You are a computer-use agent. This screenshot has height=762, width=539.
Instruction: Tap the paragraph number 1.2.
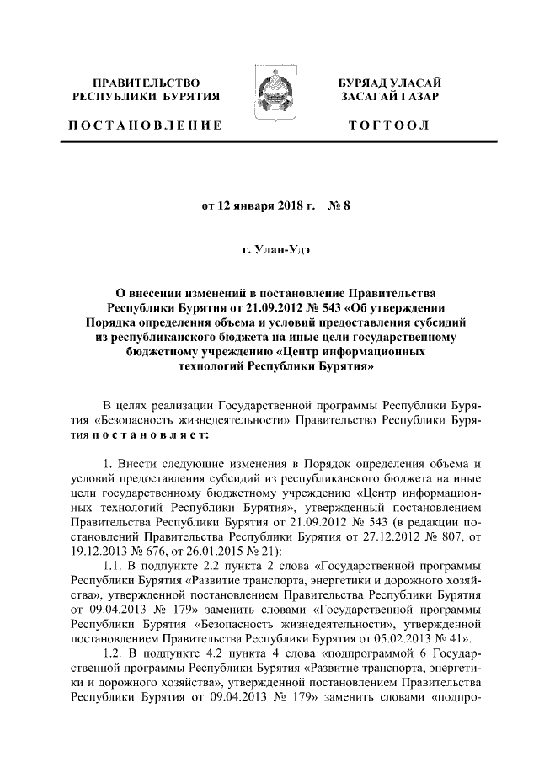[112, 654]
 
